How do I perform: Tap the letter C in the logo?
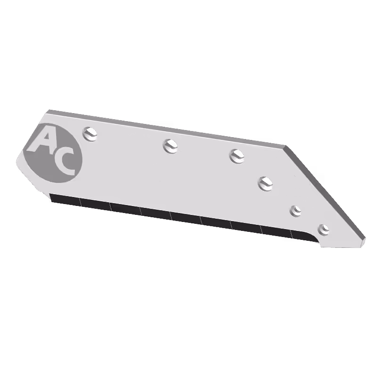click(64, 163)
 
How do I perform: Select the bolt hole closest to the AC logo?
click(90, 134)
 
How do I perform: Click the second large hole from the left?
click(171, 146)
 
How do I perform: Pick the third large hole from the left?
click(237, 156)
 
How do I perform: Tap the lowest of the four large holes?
click(266, 184)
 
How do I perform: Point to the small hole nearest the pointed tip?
click(323, 229)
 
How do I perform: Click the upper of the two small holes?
click(296, 211)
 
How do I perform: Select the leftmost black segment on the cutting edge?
click(66, 199)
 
